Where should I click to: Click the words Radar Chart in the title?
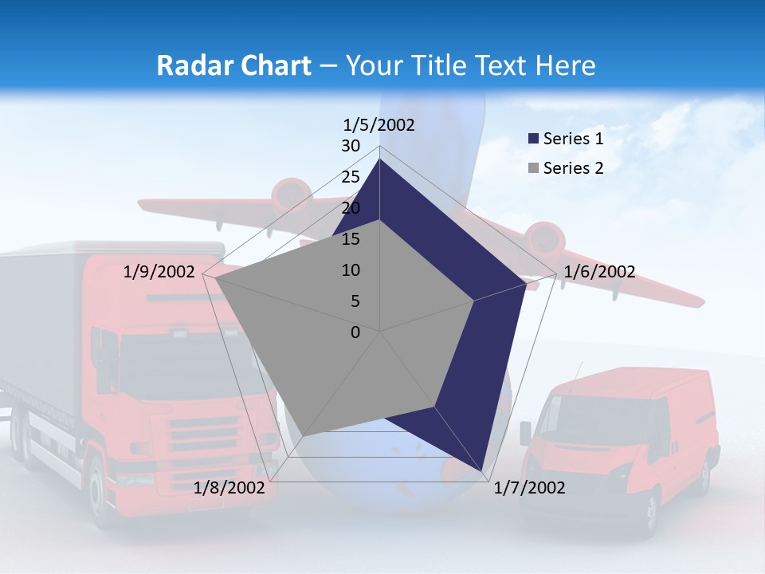(233, 65)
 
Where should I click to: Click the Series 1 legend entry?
(573, 139)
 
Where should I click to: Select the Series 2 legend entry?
(573, 168)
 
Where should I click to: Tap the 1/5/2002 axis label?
(379, 124)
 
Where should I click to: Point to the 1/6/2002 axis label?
(599, 272)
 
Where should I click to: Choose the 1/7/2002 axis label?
(529, 488)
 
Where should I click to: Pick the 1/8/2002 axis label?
(229, 488)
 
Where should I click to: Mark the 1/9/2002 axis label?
(159, 272)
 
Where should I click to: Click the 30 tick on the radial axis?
(351, 146)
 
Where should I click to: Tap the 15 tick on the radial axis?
(351, 239)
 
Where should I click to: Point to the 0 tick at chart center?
(355, 332)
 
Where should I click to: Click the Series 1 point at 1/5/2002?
(380, 159)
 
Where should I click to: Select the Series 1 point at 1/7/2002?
(481, 470)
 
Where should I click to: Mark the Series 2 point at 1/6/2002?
(474, 301)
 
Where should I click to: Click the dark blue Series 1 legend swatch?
(533, 139)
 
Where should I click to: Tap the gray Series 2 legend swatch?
(533, 168)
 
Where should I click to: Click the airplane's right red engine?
(545, 238)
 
